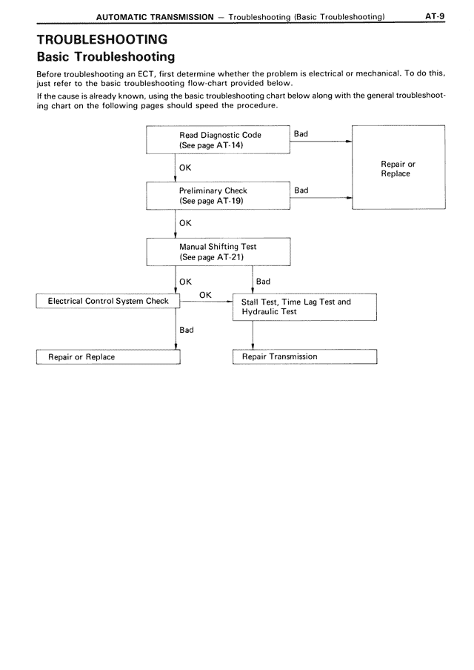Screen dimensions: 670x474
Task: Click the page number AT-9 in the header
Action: (x=434, y=15)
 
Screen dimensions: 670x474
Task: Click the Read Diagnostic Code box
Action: (x=218, y=140)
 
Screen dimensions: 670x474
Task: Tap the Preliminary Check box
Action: (x=218, y=196)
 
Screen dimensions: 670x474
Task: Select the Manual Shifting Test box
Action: (x=218, y=251)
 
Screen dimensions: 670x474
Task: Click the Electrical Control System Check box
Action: (x=108, y=302)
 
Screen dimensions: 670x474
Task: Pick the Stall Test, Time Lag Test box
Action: (x=304, y=307)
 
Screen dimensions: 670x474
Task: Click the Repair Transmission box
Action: (x=304, y=356)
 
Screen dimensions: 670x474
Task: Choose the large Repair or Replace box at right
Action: (x=398, y=168)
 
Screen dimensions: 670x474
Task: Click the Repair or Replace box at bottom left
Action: (x=108, y=357)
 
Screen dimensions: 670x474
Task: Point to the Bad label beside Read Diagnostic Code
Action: (x=301, y=134)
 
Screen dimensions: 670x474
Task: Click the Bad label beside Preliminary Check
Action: (x=301, y=190)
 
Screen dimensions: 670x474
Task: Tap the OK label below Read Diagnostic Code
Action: (x=185, y=167)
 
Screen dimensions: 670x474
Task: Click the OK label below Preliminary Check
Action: (x=185, y=222)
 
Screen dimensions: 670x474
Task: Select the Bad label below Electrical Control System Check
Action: (x=187, y=330)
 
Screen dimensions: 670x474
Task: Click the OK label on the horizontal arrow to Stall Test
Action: (x=206, y=295)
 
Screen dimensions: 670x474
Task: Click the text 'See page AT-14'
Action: (x=211, y=145)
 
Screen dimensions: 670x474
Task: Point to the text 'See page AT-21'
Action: (x=211, y=256)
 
